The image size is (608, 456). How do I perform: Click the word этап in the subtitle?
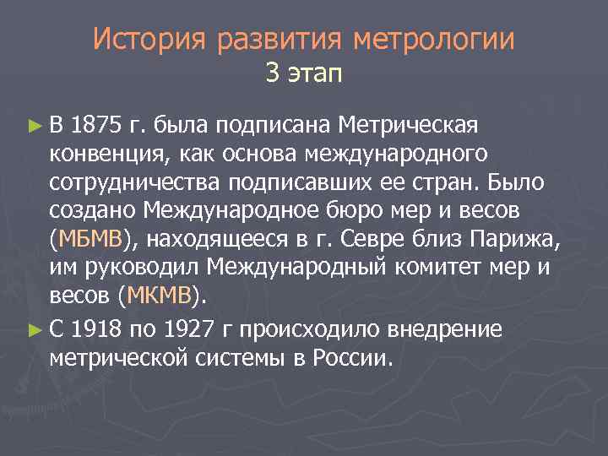click(x=314, y=75)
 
